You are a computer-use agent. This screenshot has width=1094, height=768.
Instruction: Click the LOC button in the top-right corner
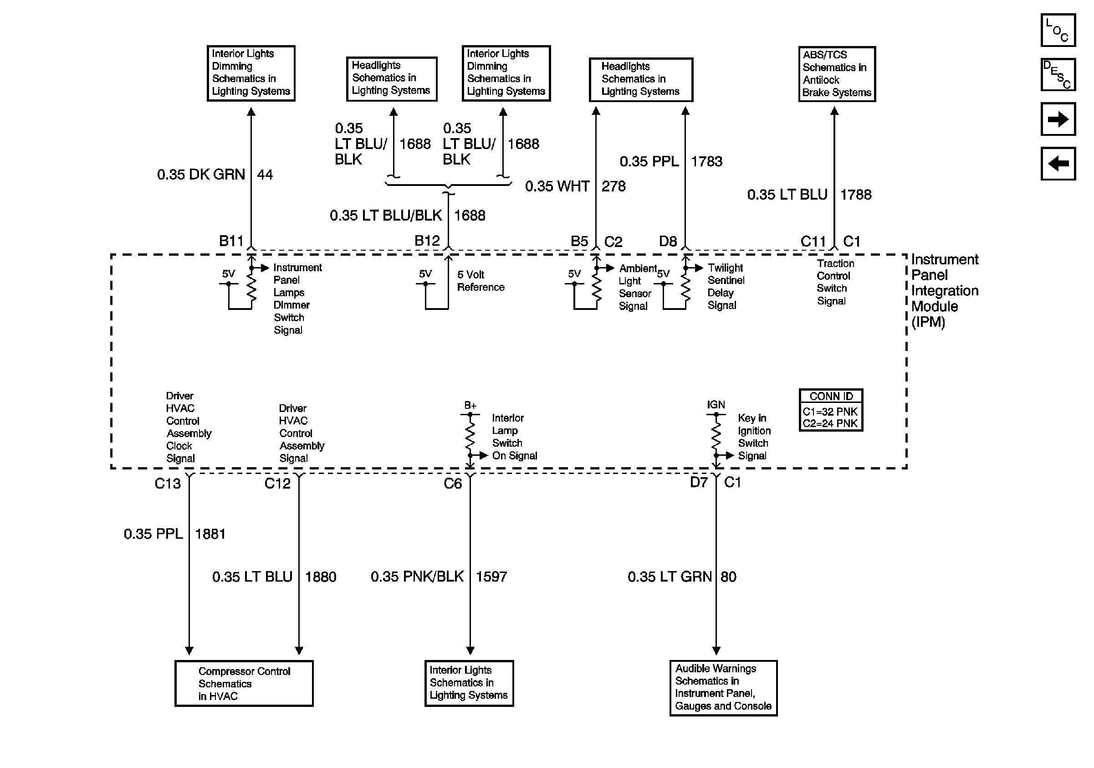coord(1057,30)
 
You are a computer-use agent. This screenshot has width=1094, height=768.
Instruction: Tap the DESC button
coord(1057,74)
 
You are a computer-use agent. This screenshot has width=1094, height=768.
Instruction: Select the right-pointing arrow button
coord(1057,119)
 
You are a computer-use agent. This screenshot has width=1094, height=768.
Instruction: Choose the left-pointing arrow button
coord(1057,164)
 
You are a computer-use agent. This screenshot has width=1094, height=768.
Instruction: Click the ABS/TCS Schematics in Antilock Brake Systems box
coord(837,74)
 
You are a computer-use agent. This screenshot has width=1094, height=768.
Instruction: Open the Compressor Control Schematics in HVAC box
coord(244,683)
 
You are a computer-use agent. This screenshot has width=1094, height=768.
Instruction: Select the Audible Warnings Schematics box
coord(723,687)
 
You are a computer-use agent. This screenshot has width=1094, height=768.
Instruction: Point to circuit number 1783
coord(706,162)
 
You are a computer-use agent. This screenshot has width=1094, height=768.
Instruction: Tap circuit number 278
coord(613,186)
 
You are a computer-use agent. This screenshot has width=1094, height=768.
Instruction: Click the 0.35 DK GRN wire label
coord(200,175)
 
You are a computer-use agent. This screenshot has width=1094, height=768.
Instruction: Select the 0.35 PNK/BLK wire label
coord(417,577)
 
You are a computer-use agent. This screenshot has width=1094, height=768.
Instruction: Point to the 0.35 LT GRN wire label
coord(669,577)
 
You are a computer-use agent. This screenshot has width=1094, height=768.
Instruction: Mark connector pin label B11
coord(231,241)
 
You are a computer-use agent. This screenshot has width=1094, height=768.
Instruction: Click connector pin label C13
coord(168,484)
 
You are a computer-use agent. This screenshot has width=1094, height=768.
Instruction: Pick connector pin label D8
coord(668,242)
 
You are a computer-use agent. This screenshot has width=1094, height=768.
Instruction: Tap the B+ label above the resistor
coord(470,405)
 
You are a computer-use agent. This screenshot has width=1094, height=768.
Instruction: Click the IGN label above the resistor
coord(716,405)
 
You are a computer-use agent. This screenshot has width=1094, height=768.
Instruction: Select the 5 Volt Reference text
coord(481,281)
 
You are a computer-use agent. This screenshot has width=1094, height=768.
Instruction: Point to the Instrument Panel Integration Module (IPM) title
coord(945,290)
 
